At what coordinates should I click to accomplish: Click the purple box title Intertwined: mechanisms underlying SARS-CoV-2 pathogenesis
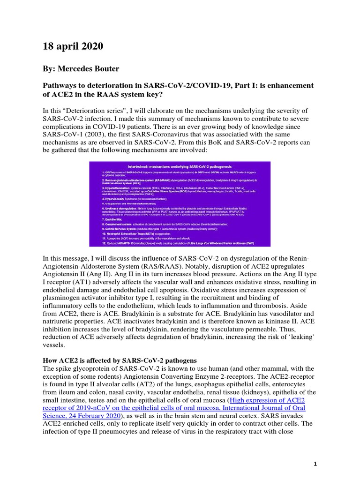pyautogui.click(x=180, y=167)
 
